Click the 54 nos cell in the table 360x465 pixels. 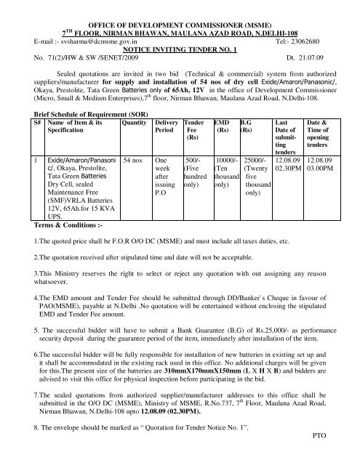(x=135, y=177)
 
